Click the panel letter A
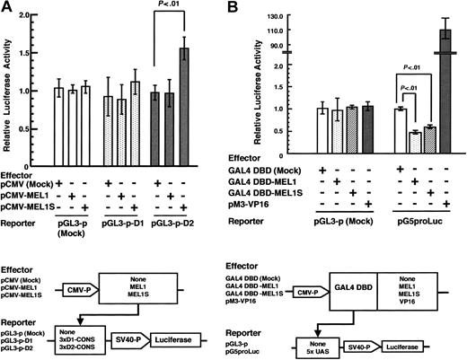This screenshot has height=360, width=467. (8, 7)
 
